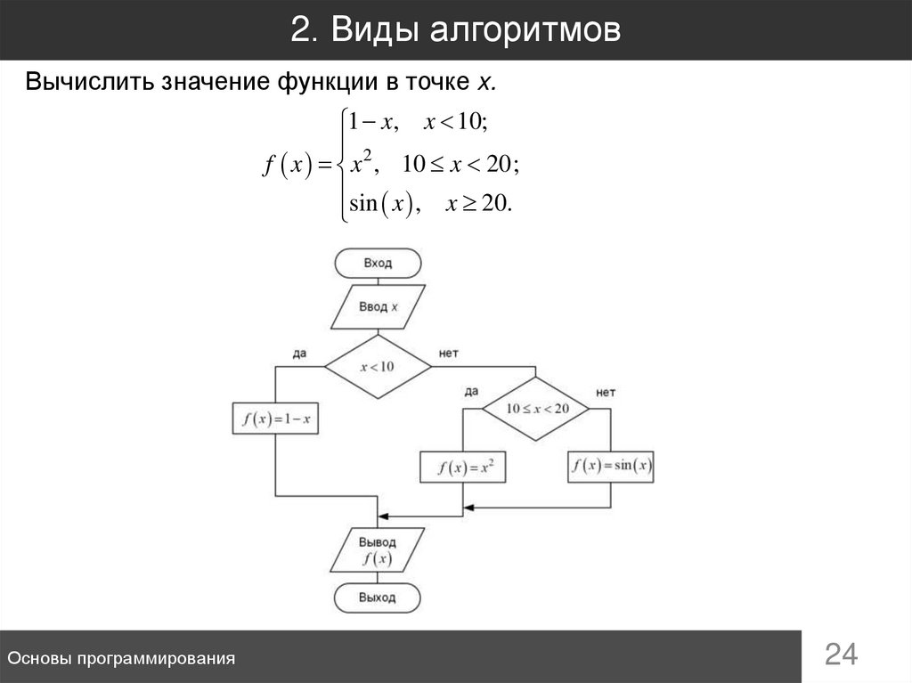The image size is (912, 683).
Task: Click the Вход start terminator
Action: [378, 264]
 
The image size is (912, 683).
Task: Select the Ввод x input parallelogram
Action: [378, 307]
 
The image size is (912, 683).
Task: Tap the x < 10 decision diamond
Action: [377, 366]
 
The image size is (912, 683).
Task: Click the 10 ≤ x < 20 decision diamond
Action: [536, 408]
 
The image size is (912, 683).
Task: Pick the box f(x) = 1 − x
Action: [275, 419]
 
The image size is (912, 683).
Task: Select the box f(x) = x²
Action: [462, 467]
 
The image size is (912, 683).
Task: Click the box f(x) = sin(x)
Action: [611, 466]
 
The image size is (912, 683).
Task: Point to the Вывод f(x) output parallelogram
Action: [378, 550]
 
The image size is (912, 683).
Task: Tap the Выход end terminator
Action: [378, 598]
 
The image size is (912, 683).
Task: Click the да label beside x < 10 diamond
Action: [299, 353]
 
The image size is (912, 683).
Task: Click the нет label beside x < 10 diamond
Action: [449, 353]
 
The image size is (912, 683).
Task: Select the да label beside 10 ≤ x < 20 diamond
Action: [471, 392]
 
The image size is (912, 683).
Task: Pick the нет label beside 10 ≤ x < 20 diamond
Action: [606, 392]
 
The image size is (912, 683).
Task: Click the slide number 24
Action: [841, 655]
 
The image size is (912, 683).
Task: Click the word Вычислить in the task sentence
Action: [87, 83]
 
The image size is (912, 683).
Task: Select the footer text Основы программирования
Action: [121, 658]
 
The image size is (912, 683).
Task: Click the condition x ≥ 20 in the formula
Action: [477, 204]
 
